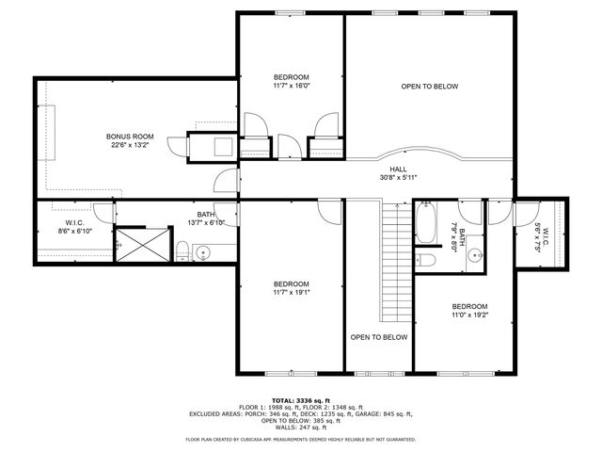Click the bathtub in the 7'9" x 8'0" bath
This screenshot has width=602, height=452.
(x=425, y=223)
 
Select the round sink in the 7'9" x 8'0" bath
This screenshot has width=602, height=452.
(x=476, y=253)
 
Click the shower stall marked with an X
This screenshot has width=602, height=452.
(x=143, y=242)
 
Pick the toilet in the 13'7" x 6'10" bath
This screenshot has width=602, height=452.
(x=182, y=250)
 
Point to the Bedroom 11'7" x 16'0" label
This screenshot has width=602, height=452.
(x=291, y=77)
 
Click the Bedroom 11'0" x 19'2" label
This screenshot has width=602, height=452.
(x=469, y=306)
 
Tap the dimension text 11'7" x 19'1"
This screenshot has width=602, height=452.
(x=291, y=292)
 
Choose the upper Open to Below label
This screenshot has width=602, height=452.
(x=429, y=87)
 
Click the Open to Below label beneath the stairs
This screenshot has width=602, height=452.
(x=378, y=336)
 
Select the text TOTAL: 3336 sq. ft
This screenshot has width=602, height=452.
(x=300, y=400)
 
